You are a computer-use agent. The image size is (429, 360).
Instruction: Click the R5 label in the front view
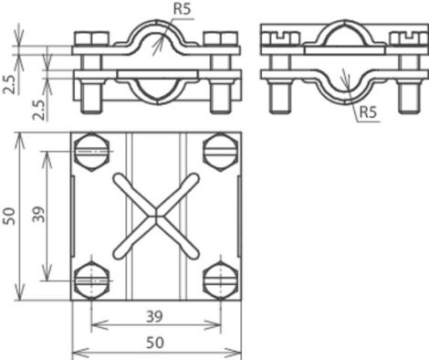[x=182, y=9]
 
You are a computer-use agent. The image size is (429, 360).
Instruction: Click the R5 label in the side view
[x=368, y=112]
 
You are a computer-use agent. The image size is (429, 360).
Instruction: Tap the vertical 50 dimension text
[x=9, y=216]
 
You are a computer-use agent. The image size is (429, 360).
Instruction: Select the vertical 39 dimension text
[x=38, y=215]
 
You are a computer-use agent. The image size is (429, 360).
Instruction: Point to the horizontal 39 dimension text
[x=154, y=317]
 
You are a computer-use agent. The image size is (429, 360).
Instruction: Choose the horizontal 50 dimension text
[x=155, y=343]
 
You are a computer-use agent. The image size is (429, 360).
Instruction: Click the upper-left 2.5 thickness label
[x=9, y=85]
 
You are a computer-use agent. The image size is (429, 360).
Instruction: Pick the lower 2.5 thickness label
[x=38, y=110]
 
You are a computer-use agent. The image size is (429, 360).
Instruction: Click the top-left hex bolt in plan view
[x=91, y=152]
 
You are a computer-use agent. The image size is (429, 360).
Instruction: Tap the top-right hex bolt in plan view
[x=221, y=152]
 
